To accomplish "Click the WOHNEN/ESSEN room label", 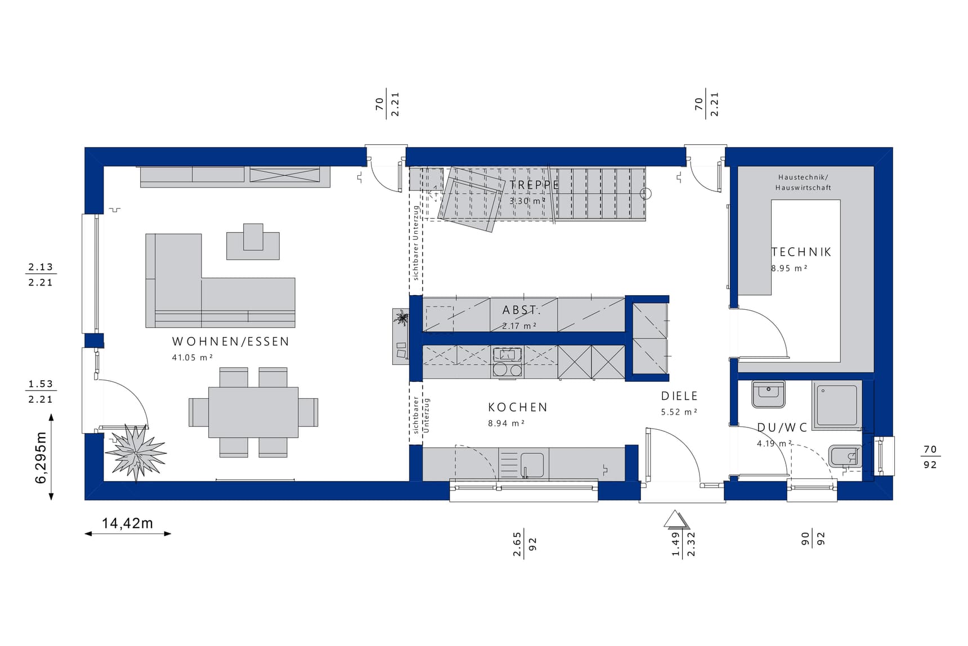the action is (230, 341).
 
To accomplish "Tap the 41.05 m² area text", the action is (192, 357).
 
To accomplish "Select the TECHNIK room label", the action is (801, 252).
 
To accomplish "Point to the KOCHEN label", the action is (517, 407).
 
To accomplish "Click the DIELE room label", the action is (679, 396).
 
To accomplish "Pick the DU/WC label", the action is (782, 427).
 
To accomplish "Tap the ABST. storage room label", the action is (521, 310).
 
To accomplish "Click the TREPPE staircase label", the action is (534, 185).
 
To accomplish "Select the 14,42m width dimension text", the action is (127, 523).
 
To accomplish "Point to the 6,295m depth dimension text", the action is (41, 457).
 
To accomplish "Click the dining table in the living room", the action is (253, 412).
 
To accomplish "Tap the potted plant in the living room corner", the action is (136, 452).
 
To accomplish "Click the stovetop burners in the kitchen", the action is (507, 369).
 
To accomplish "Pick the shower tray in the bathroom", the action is (837, 405).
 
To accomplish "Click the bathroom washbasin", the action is (768, 394).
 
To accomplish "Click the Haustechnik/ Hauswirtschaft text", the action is (803, 182).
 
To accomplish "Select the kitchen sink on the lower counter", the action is (532, 465).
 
